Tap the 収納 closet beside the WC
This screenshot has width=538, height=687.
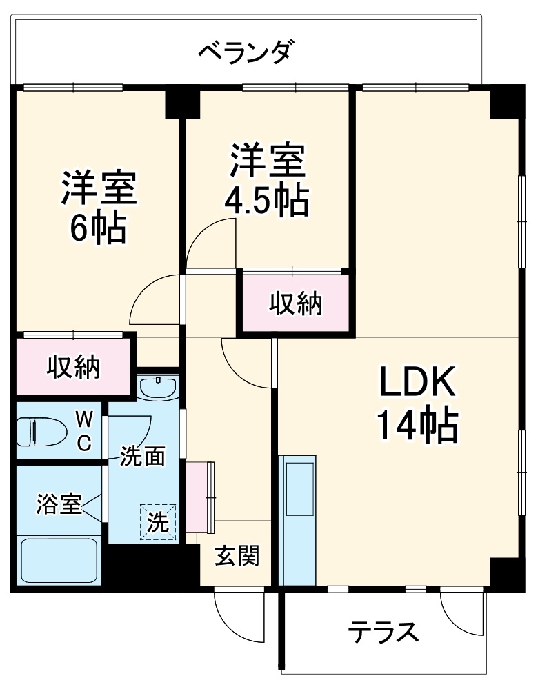coord(73,367)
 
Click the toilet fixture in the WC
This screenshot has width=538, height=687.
coord(41,432)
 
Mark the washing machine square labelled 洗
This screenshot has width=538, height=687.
coord(159,522)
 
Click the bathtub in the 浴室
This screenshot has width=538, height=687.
coord(59,560)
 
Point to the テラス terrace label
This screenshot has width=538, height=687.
coord(383,632)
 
